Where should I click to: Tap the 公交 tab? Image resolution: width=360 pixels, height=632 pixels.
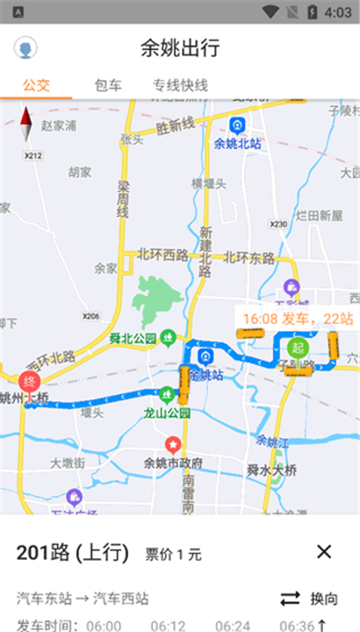tap(36, 85)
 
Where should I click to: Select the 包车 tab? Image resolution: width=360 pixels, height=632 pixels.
tap(108, 85)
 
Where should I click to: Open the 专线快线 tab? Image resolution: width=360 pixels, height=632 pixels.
tap(180, 85)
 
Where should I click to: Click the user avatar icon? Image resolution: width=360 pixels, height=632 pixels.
tap(25, 48)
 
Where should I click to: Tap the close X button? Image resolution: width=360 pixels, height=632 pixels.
tap(324, 551)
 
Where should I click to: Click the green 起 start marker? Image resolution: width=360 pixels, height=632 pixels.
tap(298, 346)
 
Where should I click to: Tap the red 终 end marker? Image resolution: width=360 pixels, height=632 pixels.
tap(28, 382)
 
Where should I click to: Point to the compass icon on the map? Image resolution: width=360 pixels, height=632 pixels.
tap(26, 124)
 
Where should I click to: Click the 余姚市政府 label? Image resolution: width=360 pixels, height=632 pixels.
tap(174, 462)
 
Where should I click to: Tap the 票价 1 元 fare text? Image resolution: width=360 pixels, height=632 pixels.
tap(173, 554)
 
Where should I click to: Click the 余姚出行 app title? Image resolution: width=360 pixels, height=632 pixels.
tap(180, 48)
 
